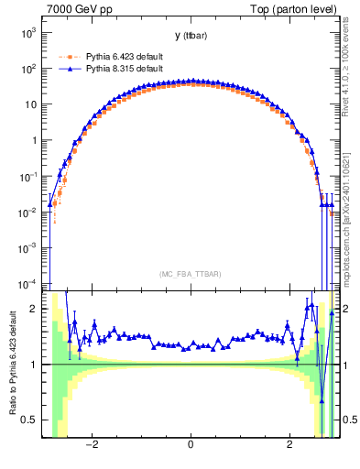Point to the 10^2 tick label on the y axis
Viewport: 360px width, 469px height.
(29, 68)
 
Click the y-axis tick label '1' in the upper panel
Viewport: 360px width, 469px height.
(35, 140)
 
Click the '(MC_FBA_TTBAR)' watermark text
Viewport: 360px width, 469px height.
(190, 274)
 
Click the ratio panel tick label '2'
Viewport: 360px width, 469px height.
(36, 309)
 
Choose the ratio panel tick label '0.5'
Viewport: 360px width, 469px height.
(31, 420)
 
